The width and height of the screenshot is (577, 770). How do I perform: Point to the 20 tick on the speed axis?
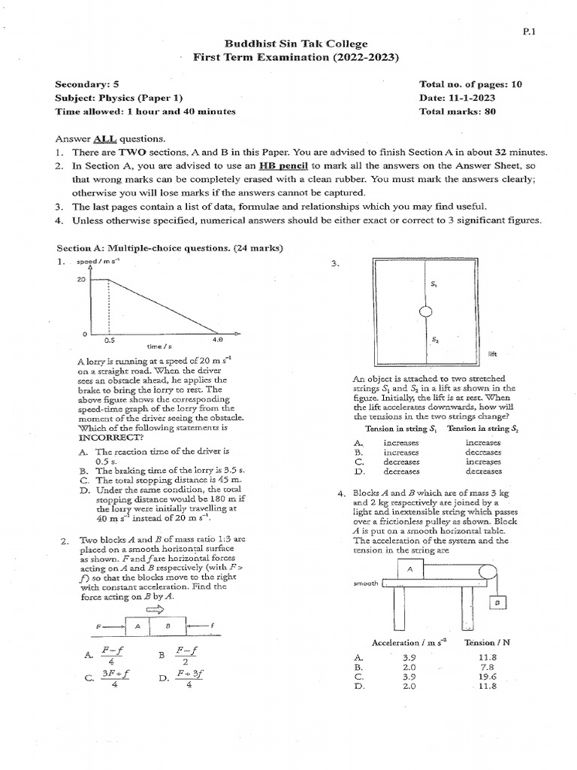[81, 278]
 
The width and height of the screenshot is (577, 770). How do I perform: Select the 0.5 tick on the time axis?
[110, 340]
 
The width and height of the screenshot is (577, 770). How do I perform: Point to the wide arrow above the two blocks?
[163, 610]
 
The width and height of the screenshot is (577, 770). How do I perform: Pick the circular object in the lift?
[424, 312]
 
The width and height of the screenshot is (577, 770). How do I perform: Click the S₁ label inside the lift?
[434, 284]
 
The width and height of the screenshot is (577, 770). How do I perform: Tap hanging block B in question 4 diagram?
[497, 603]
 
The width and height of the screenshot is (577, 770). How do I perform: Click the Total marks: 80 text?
[458, 111]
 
